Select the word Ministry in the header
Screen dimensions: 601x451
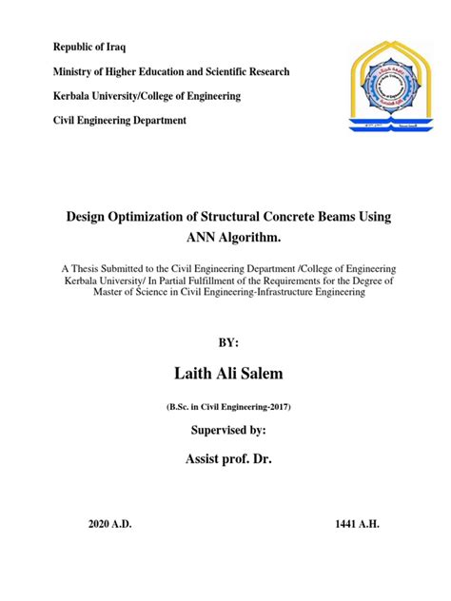[72, 71]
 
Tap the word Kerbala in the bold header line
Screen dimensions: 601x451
[72, 96]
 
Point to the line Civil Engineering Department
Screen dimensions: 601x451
[119, 121]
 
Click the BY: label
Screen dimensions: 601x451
[225, 340]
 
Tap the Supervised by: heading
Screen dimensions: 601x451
[225, 431]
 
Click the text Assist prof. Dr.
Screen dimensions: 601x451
[225, 463]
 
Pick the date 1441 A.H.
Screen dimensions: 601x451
[360, 526]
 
